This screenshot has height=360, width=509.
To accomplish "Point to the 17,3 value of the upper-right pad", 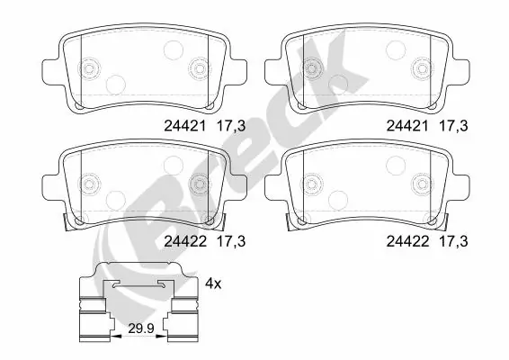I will [453, 128].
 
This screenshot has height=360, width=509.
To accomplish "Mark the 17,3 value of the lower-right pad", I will [453, 240].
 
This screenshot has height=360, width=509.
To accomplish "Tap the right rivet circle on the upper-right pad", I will [420, 67].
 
